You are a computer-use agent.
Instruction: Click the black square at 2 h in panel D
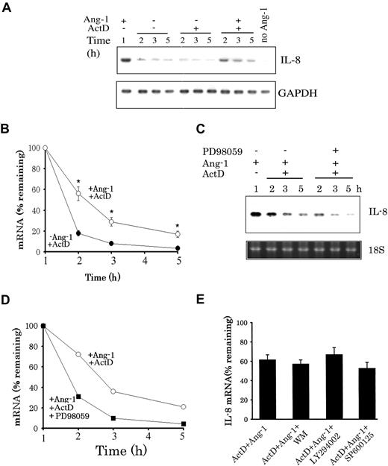pos(78,397)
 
